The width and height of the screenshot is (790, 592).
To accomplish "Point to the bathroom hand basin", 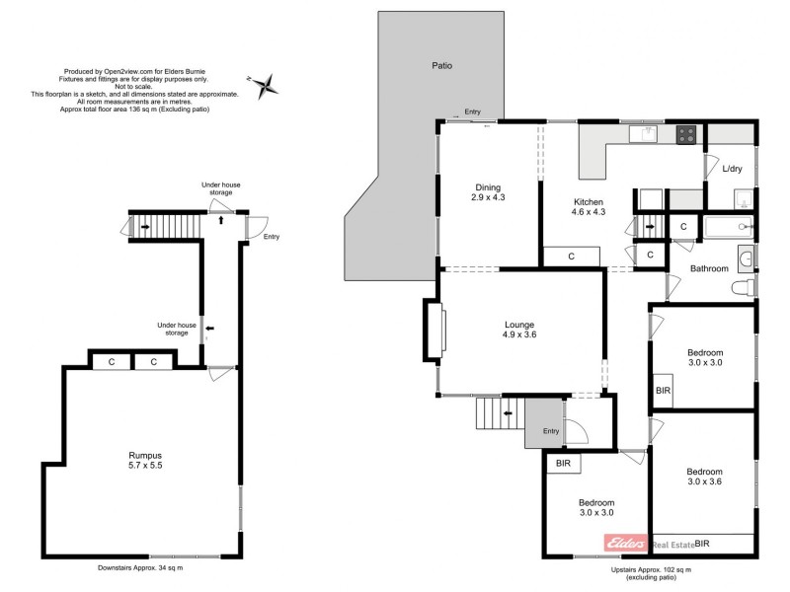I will click(x=749, y=258).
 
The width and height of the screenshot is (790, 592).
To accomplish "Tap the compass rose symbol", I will click(x=266, y=87).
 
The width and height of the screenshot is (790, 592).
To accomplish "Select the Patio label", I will click(x=441, y=66).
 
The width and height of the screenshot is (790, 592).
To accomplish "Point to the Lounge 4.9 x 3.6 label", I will click(x=518, y=330).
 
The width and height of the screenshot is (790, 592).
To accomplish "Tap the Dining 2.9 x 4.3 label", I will click(x=487, y=192).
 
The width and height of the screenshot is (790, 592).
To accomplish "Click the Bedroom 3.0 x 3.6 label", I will click(x=704, y=477).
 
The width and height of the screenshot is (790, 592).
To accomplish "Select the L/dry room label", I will click(x=732, y=169).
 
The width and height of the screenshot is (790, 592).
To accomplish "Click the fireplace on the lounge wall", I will click(x=434, y=328).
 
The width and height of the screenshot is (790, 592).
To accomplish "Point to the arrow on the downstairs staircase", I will click(x=145, y=228).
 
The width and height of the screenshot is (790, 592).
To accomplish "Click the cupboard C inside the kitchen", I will click(x=572, y=257).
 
